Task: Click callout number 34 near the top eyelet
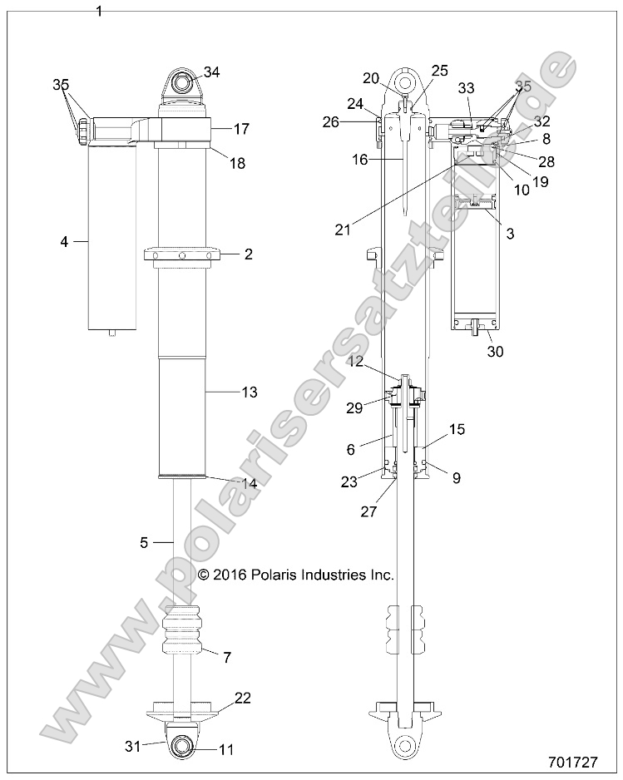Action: pos(212,72)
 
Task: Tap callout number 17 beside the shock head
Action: pos(241,130)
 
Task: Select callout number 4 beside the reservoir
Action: pos(63,242)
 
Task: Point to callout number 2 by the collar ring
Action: pos(248,254)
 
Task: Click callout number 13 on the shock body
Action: pos(248,391)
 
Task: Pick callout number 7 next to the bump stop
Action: pos(225,657)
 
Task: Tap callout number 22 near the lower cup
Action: pos(242,698)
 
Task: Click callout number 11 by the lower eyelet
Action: pos(226,749)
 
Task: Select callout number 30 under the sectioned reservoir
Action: pos(519,352)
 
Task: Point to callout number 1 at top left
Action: pos(100,12)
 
